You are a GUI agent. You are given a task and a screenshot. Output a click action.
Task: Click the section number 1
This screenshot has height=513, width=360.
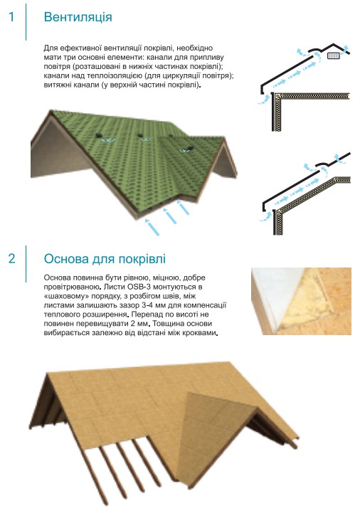pyautogui.click(x=12, y=16)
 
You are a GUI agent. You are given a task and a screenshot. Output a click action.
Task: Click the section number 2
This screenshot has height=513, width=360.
pyautogui.click(x=12, y=258)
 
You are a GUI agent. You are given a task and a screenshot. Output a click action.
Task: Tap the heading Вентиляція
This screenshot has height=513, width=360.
pyautogui.click(x=78, y=17)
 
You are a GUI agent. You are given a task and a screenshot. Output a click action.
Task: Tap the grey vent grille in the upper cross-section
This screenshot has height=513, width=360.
pyautogui.click(x=334, y=56)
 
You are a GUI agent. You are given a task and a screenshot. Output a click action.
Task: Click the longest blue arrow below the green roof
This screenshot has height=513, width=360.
pyautogui.click(x=152, y=227)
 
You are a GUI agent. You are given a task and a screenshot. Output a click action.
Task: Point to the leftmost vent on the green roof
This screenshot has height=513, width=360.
pyautogui.click(x=98, y=135)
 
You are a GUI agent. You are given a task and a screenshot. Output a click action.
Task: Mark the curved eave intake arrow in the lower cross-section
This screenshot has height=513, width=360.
pyautogui.click(x=266, y=217)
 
